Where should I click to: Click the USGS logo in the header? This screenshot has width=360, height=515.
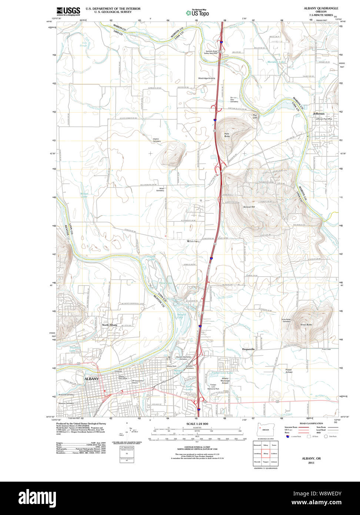[x=68, y=11]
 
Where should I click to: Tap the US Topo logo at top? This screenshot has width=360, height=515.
[x=197, y=13]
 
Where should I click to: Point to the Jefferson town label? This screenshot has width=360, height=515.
[x=318, y=114]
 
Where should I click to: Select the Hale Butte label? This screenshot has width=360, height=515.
[x=227, y=135]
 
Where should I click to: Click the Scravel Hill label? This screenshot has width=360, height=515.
[x=249, y=207]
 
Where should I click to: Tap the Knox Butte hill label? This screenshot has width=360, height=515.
[x=306, y=325]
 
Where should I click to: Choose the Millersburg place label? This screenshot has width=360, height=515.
[x=193, y=241]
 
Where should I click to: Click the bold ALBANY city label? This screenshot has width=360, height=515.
[x=91, y=379]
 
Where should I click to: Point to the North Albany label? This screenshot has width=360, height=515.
[x=110, y=325]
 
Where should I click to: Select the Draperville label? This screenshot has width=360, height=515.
[x=250, y=349]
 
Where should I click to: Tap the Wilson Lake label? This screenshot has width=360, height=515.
[x=84, y=195]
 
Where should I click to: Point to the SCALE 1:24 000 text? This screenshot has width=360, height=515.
[x=197, y=424]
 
